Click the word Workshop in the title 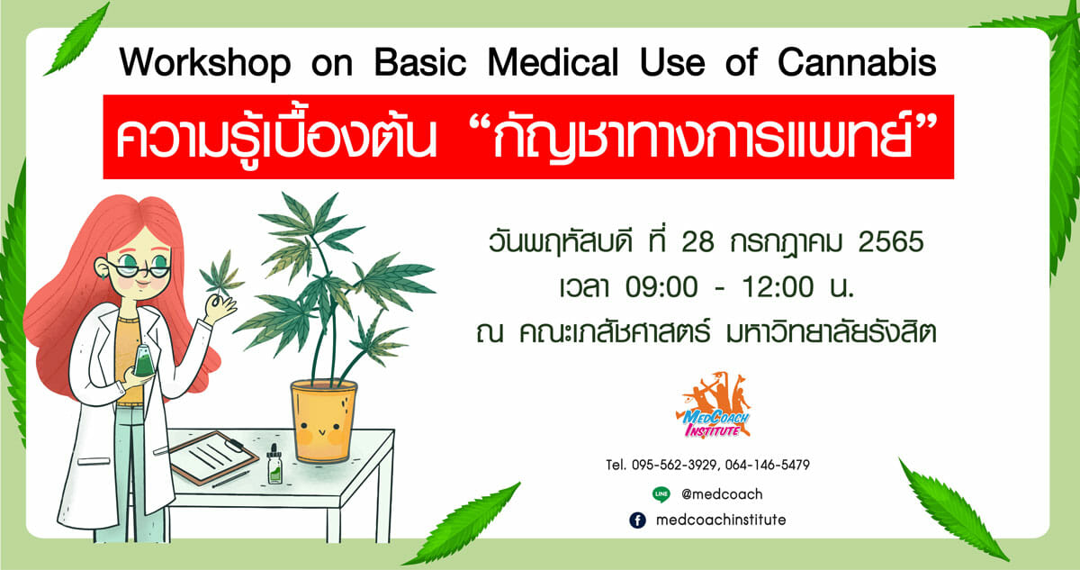coord(205,64)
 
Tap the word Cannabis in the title coord(857,62)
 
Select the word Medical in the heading coord(553,62)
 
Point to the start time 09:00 coord(661,287)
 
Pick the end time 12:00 coord(778,287)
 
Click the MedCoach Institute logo coord(714,405)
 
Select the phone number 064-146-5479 coord(767,465)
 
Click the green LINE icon coord(661,494)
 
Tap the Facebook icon coord(637,520)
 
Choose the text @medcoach coord(722,494)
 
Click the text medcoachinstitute coord(721,520)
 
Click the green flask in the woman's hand coord(144,361)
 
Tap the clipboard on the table coord(212,457)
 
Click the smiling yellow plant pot coord(323,421)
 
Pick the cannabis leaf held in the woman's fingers coord(221,274)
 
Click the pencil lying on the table coord(230,479)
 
